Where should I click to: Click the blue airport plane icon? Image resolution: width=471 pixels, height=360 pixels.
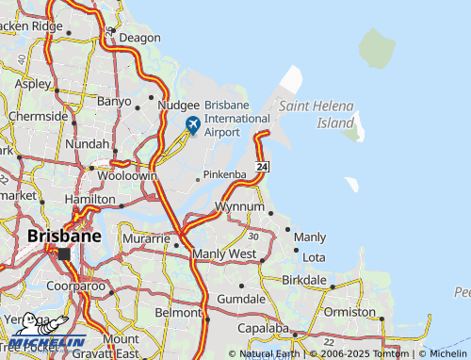point(193,124)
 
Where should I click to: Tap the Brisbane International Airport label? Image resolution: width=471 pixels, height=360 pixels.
point(236,119)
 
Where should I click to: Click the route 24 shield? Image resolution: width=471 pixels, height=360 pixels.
point(263,167)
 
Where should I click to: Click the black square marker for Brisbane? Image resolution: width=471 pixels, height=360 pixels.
point(64,254)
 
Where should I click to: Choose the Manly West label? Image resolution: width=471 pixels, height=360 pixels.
point(223,254)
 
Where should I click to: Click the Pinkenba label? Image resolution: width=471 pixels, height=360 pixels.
point(226,175)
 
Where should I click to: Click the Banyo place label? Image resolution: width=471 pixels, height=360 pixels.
point(115,100)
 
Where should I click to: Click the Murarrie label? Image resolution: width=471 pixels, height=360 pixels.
point(146,239)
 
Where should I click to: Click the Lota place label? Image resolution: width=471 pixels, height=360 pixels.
point(315,257)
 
